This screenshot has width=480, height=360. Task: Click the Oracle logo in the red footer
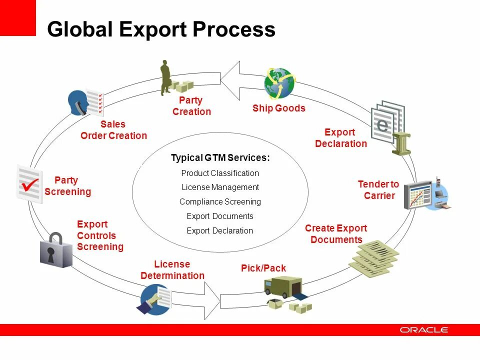(424, 330)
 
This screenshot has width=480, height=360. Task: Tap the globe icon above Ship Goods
(279, 83)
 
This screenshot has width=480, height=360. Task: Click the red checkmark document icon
(29, 183)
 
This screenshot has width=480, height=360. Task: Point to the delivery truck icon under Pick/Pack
(283, 286)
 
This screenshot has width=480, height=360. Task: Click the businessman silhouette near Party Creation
(165, 77)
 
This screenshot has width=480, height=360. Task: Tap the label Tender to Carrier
(378, 190)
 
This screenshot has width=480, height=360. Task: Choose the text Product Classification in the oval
(220, 173)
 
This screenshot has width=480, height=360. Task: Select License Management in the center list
(220, 187)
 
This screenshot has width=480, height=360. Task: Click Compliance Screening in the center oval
(220, 202)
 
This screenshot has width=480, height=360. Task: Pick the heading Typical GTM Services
(220, 158)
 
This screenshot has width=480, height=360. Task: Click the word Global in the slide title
(79, 29)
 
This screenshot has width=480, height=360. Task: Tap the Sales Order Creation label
(113, 130)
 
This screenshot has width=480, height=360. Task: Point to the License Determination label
(172, 270)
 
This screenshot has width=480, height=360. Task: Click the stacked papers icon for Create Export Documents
(373, 257)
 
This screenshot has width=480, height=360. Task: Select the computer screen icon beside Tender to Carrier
(419, 195)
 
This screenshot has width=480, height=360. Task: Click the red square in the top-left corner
(18, 17)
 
